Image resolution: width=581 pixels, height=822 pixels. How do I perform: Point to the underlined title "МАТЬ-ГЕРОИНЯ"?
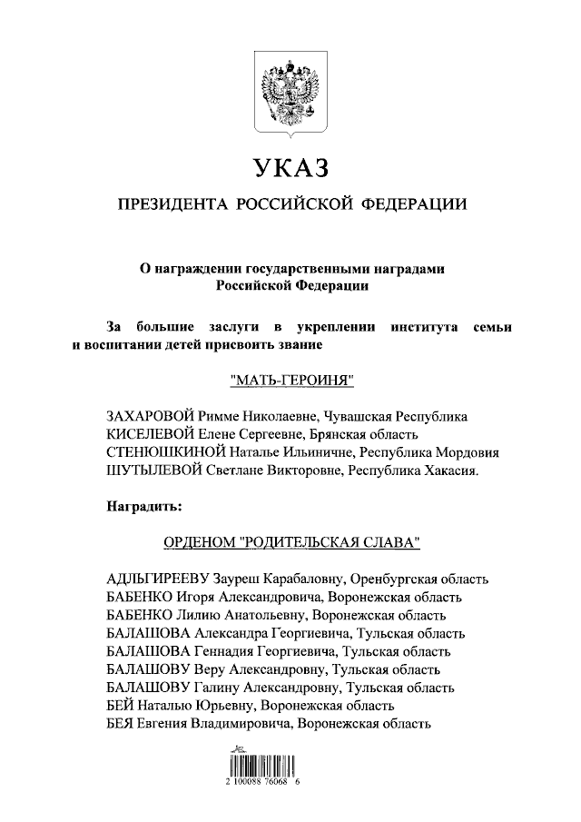(x=290, y=379)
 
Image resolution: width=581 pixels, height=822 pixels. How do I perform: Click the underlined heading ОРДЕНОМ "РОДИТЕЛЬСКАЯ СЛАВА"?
(x=290, y=542)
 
